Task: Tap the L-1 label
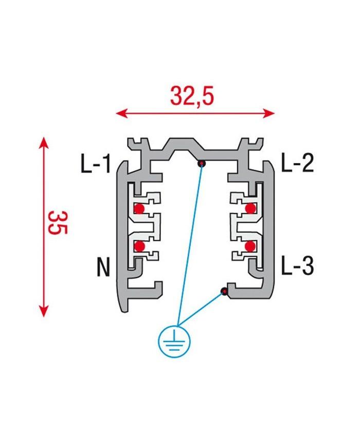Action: [x=96, y=165]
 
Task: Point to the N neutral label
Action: [x=103, y=267]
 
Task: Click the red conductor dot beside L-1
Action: [x=139, y=208]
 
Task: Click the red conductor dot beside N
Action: [x=139, y=246]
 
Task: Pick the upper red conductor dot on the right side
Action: [x=250, y=208]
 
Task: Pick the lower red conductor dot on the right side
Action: [x=250, y=246]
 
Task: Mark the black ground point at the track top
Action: [x=202, y=164]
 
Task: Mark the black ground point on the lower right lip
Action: [x=224, y=292]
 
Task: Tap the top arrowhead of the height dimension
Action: [x=44, y=142]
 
